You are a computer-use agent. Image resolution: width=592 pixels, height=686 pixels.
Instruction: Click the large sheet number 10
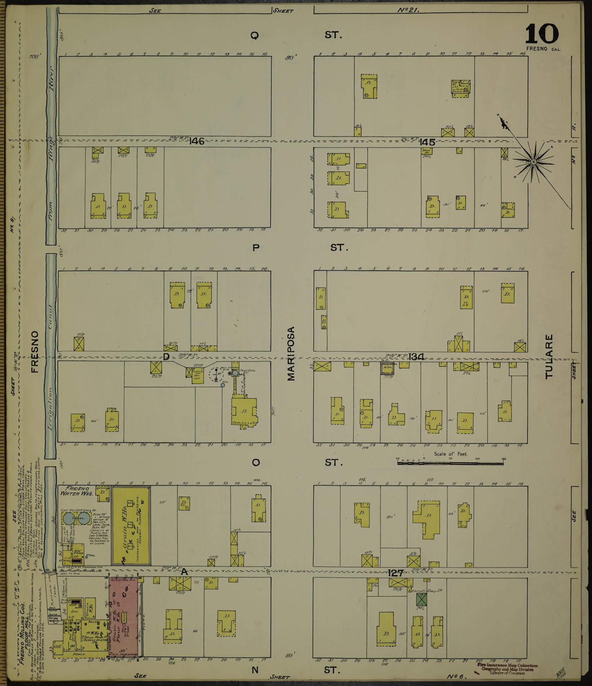(x=542, y=34)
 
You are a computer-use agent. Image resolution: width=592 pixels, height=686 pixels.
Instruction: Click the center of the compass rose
(x=533, y=162)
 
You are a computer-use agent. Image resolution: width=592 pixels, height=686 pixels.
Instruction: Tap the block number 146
(x=196, y=141)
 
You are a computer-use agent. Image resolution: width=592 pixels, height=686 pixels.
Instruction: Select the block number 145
(x=427, y=142)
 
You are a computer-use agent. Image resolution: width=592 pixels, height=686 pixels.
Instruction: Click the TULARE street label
(x=549, y=356)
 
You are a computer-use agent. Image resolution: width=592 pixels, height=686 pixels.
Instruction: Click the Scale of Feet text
(x=451, y=454)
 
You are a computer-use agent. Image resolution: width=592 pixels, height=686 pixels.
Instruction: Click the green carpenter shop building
(x=421, y=599)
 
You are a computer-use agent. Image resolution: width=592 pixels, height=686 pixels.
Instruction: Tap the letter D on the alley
(x=166, y=357)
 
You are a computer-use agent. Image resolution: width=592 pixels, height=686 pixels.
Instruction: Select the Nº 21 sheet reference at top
(x=408, y=10)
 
